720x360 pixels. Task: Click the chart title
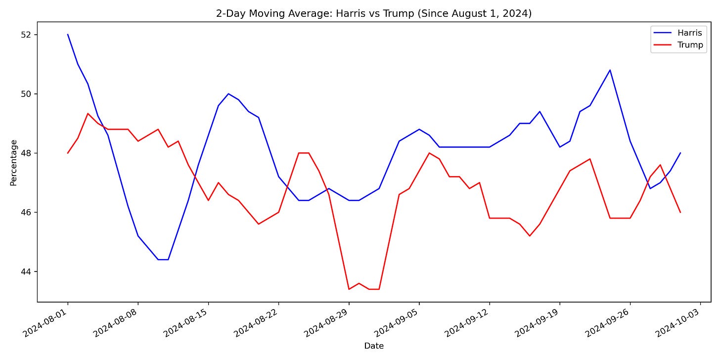point(374,14)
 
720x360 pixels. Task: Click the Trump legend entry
point(690,45)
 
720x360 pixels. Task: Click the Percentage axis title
point(13,163)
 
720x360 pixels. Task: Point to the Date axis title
point(374,346)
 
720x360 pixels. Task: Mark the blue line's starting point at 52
point(68,35)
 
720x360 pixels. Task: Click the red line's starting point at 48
point(68,153)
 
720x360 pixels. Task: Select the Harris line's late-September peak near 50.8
point(610,70)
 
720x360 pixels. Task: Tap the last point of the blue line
point(680,153)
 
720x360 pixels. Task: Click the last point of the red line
point(680,212)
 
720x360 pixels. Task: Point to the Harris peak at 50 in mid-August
point(228,94)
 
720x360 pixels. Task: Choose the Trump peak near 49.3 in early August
point(88,114)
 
